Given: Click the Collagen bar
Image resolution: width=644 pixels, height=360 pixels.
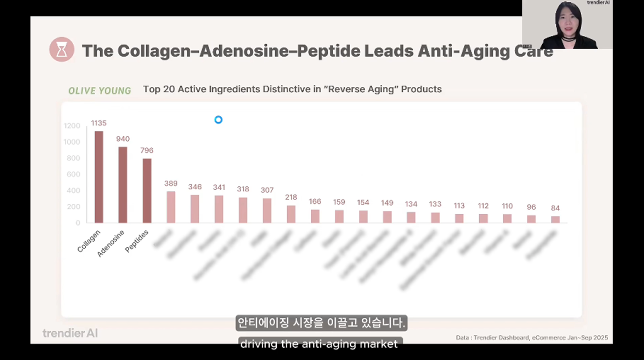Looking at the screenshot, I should (99, 177).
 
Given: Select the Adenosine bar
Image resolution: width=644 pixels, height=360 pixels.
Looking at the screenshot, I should (123, 185).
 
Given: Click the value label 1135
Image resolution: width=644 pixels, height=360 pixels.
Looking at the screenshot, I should (98, 123).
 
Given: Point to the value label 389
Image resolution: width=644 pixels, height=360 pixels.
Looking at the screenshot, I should (171, 183).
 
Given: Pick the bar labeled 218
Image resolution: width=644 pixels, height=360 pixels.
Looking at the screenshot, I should (291, 214).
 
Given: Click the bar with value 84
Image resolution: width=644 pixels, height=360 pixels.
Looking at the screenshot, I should (555, 219).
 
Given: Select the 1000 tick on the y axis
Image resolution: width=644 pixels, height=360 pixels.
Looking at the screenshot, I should (72, 142).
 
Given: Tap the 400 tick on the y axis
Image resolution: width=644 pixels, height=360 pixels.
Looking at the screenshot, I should (73, 191).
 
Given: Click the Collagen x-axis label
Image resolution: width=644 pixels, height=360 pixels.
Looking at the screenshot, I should (89, 241).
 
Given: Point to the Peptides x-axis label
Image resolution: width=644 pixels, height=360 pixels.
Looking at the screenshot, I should (137, 241).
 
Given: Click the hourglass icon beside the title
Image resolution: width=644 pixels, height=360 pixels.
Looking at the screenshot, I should (62, 50).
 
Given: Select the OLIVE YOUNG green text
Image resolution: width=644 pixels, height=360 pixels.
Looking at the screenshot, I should (100, 91).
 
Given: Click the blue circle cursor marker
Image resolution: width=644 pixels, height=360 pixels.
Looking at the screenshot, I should (219, 120).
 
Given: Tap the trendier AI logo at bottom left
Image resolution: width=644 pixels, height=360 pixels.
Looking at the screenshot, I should (70, 333).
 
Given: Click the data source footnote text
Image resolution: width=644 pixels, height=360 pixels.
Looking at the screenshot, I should (532, 338).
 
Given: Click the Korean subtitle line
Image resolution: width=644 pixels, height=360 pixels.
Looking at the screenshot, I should (321, 323).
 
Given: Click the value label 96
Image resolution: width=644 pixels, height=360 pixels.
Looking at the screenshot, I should (531, 207).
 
